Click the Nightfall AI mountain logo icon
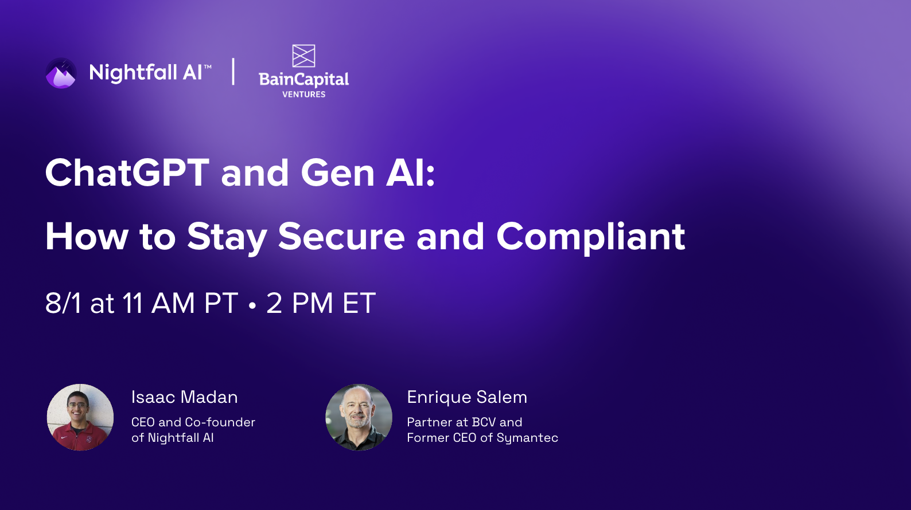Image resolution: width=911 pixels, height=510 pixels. pos(61,73)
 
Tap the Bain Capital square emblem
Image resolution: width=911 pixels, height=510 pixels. pos(303,56)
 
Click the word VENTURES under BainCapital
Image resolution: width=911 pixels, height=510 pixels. pos(303,95)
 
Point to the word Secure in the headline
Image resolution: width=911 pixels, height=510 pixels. pos(341,236)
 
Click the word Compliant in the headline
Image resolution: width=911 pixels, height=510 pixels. pos(590,236)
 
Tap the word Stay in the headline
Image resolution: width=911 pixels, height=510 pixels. pos(227,237)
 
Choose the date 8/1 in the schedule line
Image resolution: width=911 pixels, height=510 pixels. pos(63,303)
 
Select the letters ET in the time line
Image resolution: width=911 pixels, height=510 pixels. pos(359,303)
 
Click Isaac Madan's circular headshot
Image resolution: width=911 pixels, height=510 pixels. pos(80,417)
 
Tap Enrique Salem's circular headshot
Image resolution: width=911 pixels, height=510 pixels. pos(359,417)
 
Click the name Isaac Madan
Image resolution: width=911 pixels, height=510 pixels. pos(184,397)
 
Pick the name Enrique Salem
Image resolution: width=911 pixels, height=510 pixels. pos(467,397)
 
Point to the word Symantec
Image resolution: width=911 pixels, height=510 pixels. pos(527,438)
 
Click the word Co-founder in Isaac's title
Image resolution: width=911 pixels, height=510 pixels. pos(220,422)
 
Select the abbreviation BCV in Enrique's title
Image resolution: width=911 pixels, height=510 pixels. pos(484,422)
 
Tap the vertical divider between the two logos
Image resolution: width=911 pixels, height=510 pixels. pos(233,72)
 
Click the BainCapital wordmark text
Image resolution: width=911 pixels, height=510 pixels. pos(303,79)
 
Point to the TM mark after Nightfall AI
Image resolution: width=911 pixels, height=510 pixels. pos(208,67)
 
